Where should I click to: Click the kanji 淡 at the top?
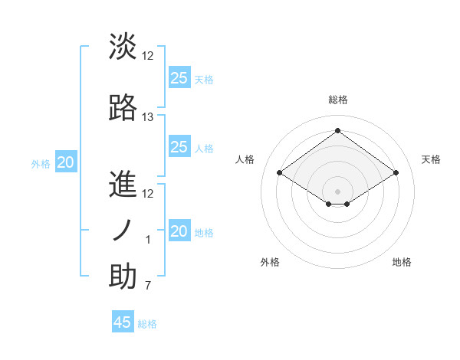pos(123,47)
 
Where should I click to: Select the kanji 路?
pos(123,108)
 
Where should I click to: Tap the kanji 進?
pos(123,186)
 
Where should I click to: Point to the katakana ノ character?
pos(123,231)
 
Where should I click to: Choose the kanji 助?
pos(123,277)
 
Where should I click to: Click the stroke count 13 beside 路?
pos(148,117)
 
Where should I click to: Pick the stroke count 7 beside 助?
pos(148,286)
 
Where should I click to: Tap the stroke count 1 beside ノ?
pos(148,241)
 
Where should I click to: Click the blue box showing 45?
pos(123,322)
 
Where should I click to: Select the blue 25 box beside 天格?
pos(179,78)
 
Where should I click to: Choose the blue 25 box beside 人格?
pos(179,147)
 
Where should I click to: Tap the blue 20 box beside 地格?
pos(179,231)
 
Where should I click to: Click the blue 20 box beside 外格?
pos(66,162)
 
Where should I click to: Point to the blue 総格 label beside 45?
pos(147,324)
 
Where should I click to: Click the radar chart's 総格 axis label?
pos(337,100)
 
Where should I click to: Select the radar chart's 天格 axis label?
pos(431,159)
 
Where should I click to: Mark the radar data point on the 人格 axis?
pos(279,173)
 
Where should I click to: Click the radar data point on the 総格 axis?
pos(337,130)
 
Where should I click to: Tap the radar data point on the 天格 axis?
pos(396,173)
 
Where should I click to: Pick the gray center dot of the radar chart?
pos(337,190)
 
